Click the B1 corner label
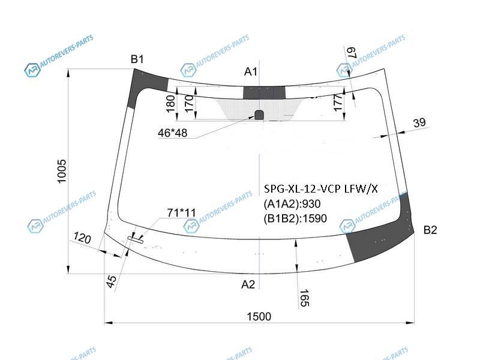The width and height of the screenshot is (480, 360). pyautogui.click(x=137, y=59)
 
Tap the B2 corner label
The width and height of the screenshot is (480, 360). pyautogui.click(x=430, y=230)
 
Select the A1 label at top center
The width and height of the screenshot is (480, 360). pyautogui.click(x=250, y=71)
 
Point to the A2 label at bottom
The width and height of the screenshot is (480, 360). pyautogui.click(x=248, y=284)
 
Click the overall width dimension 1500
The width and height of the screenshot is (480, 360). pyautogui.click(x=259, y=316)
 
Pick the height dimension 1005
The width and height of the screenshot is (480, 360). pyautogui.click(x=62, y=171)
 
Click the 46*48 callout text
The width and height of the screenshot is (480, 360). pyautogui.click(x=172, y=133)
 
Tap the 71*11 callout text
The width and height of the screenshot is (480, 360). pyautogui.click(x=181, y=212)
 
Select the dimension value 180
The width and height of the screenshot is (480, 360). pyautogui.click(x=170, y=103)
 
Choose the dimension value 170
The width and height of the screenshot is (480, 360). pyautogui.click(x=189, y=103)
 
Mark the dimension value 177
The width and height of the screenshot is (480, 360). pyautogui.click(x=337, y=103)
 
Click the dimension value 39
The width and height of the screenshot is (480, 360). pyautogui.click(x=419, y=122)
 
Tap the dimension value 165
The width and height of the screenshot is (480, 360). pyautogui.click(x=304, y=298)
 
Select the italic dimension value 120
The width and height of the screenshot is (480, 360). pyautogui.click(x=82, y=238)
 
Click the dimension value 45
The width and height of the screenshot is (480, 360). pyautogui.click(x=112, y=281)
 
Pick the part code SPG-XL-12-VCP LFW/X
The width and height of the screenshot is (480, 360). pyautogui.click(x=321, y=189)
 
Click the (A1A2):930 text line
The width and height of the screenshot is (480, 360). pyautogui.click(x=292, y=203)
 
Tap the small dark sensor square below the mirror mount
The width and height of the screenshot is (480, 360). pyautogui.click(x=259, y=115)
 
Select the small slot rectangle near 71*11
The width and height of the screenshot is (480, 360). pyautogui.click(x=136, y=240)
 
